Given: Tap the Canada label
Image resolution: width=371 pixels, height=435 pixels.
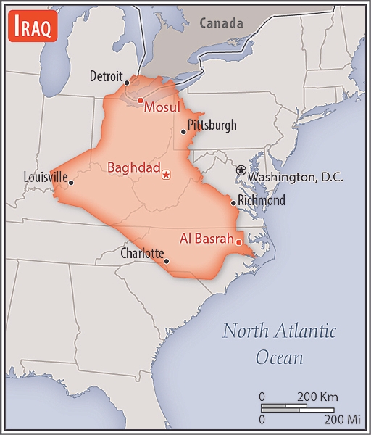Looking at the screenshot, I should tap(221, 23).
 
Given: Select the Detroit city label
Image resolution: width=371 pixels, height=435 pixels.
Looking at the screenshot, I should tap(107, 76).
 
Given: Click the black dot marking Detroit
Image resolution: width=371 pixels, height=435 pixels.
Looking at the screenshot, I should tap(127, 82).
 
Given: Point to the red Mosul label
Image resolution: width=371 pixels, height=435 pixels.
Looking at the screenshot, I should tap(162, 107).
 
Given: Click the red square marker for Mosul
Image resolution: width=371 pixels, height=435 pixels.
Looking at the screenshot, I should tap(140, 100).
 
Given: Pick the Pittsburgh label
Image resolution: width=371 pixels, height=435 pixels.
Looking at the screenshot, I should tap(212, 125).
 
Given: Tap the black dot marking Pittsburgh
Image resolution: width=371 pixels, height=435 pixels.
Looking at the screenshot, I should tap(183, 131).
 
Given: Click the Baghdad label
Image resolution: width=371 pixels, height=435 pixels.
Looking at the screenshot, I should tap(133, 168).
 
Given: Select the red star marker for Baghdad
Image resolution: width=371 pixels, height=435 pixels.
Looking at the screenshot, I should tap(167, 174).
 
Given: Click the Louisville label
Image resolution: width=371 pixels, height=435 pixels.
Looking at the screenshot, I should tap(45, 176).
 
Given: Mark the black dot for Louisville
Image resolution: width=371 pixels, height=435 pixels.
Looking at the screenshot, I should tap(70, 183).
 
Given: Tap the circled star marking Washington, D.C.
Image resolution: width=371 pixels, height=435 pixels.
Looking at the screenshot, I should tap(241, 170).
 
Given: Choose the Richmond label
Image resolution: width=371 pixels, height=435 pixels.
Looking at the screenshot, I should tap(261, 201).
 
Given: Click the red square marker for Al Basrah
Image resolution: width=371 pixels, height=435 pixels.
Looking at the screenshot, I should tap(239, 242).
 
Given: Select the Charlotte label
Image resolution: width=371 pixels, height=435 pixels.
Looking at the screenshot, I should tap(142, 254).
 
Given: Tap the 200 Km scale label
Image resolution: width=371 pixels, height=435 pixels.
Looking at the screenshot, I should tap(318, 397).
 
